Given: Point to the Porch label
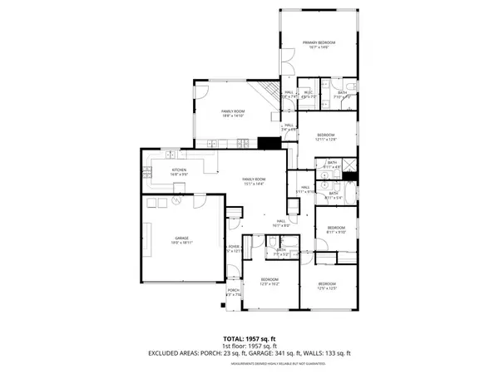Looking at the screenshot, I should [x=233, y=292].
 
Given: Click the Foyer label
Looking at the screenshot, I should [x=235, y=249].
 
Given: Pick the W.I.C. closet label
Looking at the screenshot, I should [x=308, y=96].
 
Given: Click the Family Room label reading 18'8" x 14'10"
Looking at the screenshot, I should [x=232, y=113].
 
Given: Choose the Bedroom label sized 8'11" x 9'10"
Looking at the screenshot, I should [x=335, y=229].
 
